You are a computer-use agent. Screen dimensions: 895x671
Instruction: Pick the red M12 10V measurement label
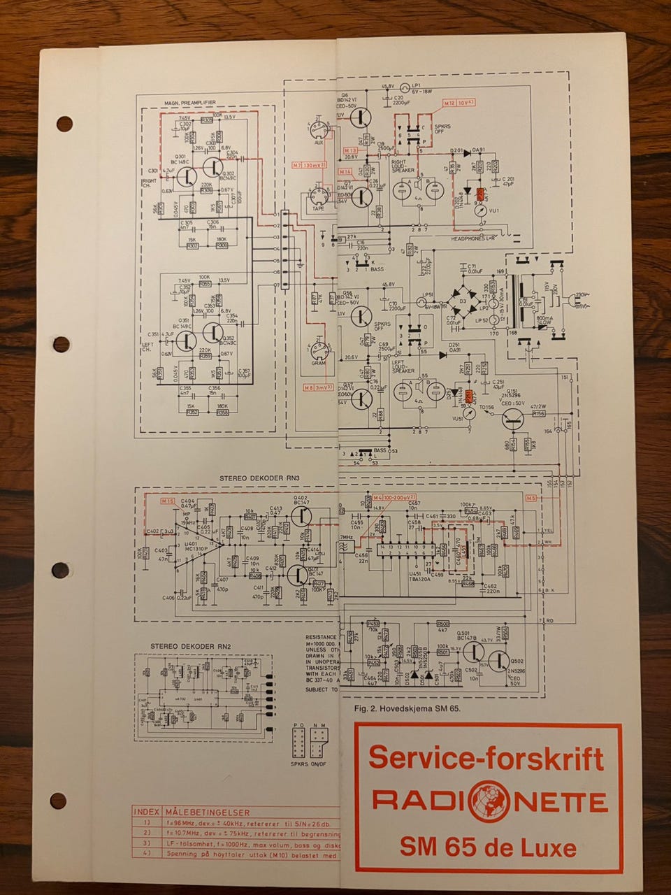click(459, 103)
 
